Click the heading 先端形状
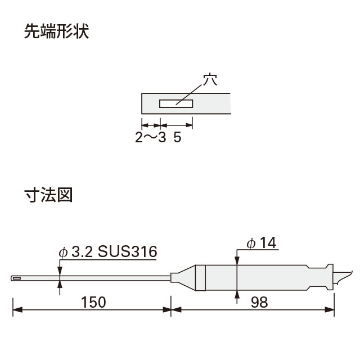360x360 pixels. coord(56,31)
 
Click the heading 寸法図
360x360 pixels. coord(48,195)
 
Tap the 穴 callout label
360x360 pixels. coord(210,79)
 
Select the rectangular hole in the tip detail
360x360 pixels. coord(176,103)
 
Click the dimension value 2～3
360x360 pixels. coord(150,137)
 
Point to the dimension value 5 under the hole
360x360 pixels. coord(177,137)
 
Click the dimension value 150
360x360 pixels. coord(93,302)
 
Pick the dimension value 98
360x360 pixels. coord(259,302)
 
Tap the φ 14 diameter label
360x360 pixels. coord(262,243)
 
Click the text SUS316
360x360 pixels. coord(128,251)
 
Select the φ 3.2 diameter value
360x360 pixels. coord(76,251)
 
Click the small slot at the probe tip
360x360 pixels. coord(17,278)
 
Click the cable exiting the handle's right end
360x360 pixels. coord(342,277)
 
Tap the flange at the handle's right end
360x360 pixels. coord(330,277)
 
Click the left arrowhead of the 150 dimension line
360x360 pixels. coord(17,310)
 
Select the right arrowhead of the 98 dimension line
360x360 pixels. coord(330,310)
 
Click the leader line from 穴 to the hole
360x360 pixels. coord(189,94)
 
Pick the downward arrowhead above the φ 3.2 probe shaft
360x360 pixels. coord(60,271)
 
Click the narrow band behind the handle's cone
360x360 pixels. coord(201,278)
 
